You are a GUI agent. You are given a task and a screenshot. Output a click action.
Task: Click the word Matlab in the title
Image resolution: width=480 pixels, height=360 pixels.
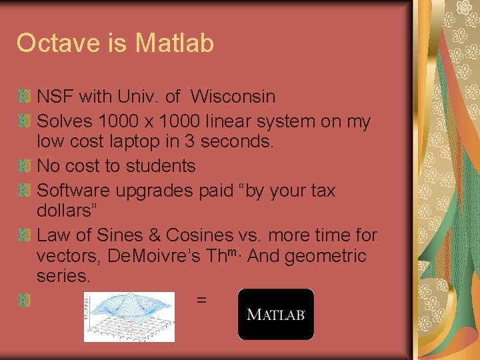pyautogui.click(x=174, y=43)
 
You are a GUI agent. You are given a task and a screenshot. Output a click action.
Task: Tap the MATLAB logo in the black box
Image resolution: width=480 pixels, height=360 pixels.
pyautogui.click(x=276, y=314)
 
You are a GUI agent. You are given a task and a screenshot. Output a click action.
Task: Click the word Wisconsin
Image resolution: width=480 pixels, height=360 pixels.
pyautogui.click(x=233, y=97)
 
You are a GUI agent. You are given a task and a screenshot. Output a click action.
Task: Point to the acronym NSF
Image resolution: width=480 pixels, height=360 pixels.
pyautogui.click(x=55, y=97)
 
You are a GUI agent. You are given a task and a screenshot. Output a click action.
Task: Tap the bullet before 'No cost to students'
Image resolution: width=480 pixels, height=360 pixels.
pyautogui.click(x=25, y=166)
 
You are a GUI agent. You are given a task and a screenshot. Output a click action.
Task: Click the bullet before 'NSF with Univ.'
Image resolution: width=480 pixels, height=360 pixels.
pyautogui.click(x=25, y=97)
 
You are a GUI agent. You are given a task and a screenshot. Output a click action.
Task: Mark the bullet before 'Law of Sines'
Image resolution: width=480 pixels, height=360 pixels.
pyautogui.click(x=25, y=235)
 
